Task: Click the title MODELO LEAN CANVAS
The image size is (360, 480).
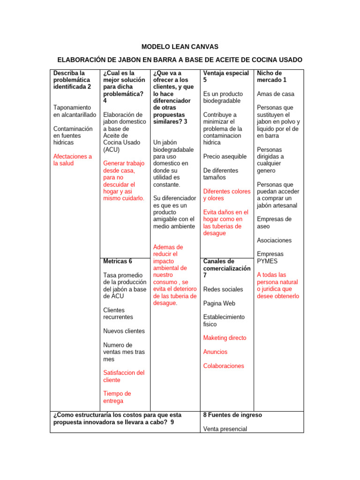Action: [180, 47]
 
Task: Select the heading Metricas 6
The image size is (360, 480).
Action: [118, 261]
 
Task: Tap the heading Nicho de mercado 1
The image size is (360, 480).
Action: [271, 76]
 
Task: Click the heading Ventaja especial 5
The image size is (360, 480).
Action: [226, 76]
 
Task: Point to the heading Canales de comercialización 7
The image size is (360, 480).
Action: [227, 268]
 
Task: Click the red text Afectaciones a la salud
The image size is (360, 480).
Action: [73, 160]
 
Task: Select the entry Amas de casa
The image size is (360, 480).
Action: [276, 94]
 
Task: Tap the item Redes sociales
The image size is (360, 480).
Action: [223, 289]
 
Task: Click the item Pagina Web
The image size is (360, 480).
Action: [219, 303]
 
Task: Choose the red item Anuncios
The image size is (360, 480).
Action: [215, 352]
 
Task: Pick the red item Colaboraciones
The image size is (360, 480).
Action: [224, 366]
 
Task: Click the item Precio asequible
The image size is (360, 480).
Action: [225, 157]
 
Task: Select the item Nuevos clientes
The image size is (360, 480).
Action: [124, 331]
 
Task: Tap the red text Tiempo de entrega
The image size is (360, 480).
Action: [117, 397]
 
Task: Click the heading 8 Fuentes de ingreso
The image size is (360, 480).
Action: [232, 415]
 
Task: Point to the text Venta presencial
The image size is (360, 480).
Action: [225, 429]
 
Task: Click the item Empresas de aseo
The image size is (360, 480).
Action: [274, 223]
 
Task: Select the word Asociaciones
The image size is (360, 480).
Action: [274, 240]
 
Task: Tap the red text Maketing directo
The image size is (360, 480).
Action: [225, 337]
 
